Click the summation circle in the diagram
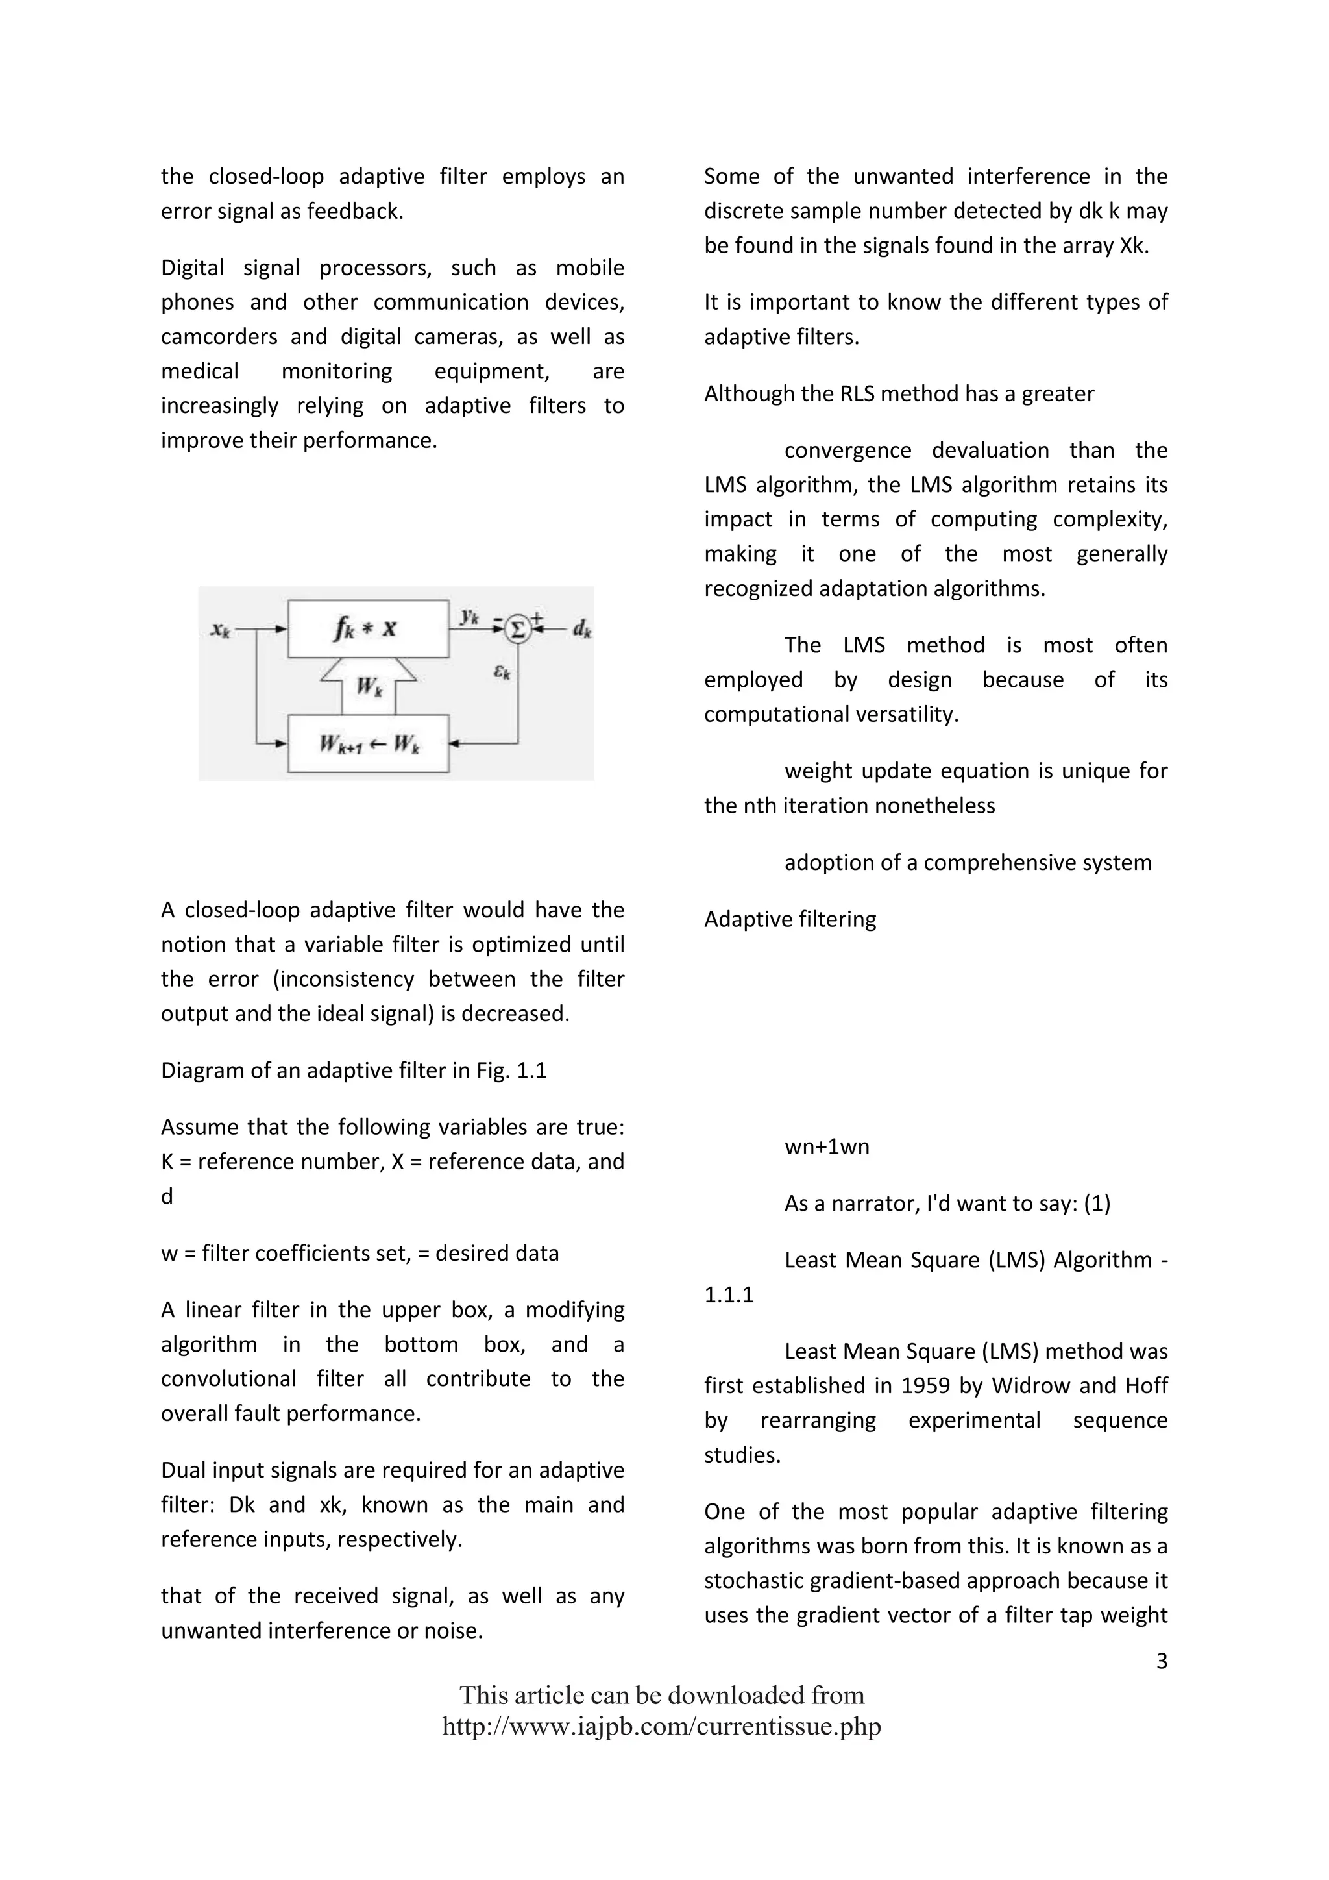point(517,629)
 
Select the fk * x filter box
point(367,629)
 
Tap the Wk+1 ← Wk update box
point(367,743)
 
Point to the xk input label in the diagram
point(220,629)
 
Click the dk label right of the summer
point(582,629)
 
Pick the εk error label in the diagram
point(502,673)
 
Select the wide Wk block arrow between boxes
point(368,686)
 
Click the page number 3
point(1161,1661)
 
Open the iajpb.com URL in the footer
point(661,1726)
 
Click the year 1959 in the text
point(925,1385)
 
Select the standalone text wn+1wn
point(827,1146)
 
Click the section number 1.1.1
point(728,1294)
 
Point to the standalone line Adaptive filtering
point(790,919)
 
